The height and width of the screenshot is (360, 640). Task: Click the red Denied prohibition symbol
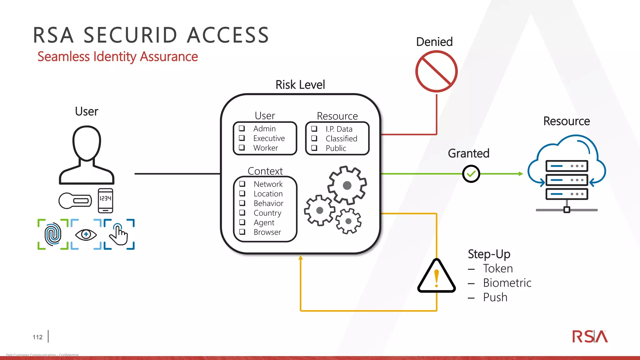coord(436,72)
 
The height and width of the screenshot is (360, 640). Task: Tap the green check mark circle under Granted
coord(471,174)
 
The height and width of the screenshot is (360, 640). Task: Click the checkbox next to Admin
coord(242,128)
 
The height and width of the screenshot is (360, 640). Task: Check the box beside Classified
coord(314,138)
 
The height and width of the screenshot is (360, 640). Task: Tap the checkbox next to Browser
coord(242,232)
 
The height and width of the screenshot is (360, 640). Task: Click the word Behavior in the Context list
coord(268,203)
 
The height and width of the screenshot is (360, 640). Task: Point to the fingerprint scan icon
coord(53,234)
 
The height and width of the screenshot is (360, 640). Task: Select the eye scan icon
coord(86,234)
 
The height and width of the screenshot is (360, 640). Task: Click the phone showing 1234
coord(105,200)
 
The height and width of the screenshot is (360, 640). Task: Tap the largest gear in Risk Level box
coord(347,185)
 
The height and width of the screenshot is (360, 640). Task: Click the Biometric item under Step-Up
coord(507,283)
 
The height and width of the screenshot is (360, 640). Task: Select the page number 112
coord(37,337)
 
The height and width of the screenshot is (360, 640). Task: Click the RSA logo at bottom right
coord(590,337)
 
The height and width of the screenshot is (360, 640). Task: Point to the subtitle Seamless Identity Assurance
coord(117,57)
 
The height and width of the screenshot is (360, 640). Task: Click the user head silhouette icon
coord(87,155)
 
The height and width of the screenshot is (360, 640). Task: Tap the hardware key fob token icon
coord(75,201)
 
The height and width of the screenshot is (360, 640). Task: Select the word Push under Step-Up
coord(495,297)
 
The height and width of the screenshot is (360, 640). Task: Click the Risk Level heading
coord(300,85)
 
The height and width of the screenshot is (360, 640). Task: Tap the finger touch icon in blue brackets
coord(119,234)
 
